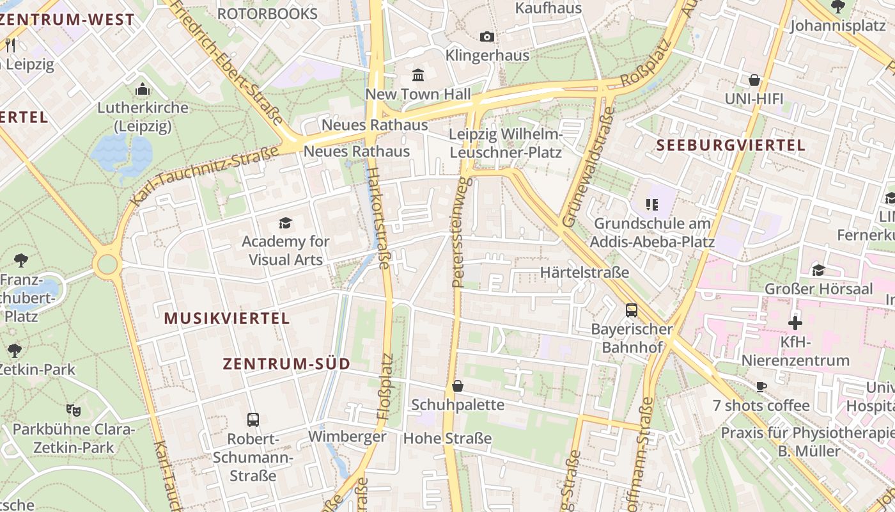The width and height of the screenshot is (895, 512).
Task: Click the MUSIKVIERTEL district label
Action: tap(227, 318)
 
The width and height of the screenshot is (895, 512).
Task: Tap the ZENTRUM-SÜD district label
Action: tap(286, 364)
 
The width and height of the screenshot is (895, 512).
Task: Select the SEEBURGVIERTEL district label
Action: tap(731, 145)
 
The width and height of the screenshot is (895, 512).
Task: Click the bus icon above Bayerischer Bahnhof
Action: tap(632, 310)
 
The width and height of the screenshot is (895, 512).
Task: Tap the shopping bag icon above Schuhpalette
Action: tap(458, 386)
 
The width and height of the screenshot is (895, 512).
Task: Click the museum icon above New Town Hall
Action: tap(418, 76)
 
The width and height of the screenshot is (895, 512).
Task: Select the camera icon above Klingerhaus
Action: tap(487, 36)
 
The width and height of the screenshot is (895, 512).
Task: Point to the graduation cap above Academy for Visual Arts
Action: tap(285, 223)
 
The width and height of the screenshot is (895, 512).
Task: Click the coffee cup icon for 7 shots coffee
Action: tap(761, 387)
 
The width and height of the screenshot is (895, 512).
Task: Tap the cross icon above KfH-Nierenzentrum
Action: tap(795, 323)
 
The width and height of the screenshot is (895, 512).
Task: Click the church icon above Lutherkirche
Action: tap(143, 88)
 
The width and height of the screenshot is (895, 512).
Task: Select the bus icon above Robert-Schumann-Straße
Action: tap(253, 420)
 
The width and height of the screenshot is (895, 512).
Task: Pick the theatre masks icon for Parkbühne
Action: tap(74, 410)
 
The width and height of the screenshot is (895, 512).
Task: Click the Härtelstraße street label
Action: tap(584, 272)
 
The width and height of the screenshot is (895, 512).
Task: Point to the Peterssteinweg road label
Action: tap(461, 232)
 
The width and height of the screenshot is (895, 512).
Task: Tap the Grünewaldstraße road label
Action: tap(588, 168)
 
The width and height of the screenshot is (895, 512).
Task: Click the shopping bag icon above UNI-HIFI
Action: tap(754, 80)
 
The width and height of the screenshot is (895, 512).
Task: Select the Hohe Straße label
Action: tap(447, 438)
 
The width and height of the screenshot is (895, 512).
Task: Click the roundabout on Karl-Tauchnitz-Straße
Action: tap(107, 264)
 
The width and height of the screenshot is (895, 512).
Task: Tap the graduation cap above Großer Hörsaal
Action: tap(818, 269)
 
